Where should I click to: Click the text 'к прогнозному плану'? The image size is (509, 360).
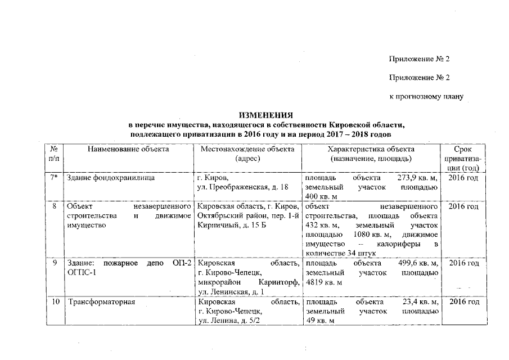426,97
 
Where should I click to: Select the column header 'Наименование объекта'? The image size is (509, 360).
128,150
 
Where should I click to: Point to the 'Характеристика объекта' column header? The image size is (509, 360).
371,150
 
